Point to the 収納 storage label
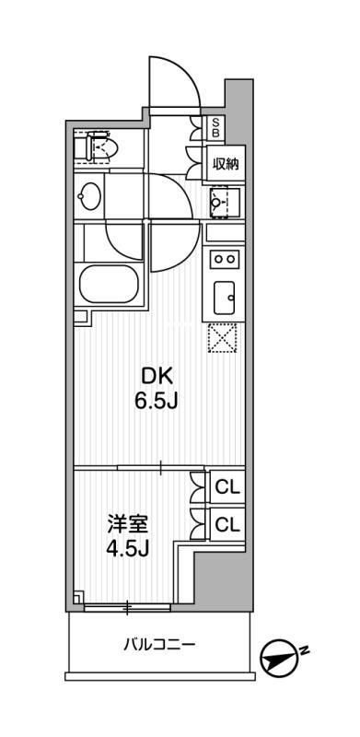point(226,164)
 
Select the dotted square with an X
point(223,340)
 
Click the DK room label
point(156,376)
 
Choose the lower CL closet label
point(226,524)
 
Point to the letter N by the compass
point(304,650)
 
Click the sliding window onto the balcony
point(126,606)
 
